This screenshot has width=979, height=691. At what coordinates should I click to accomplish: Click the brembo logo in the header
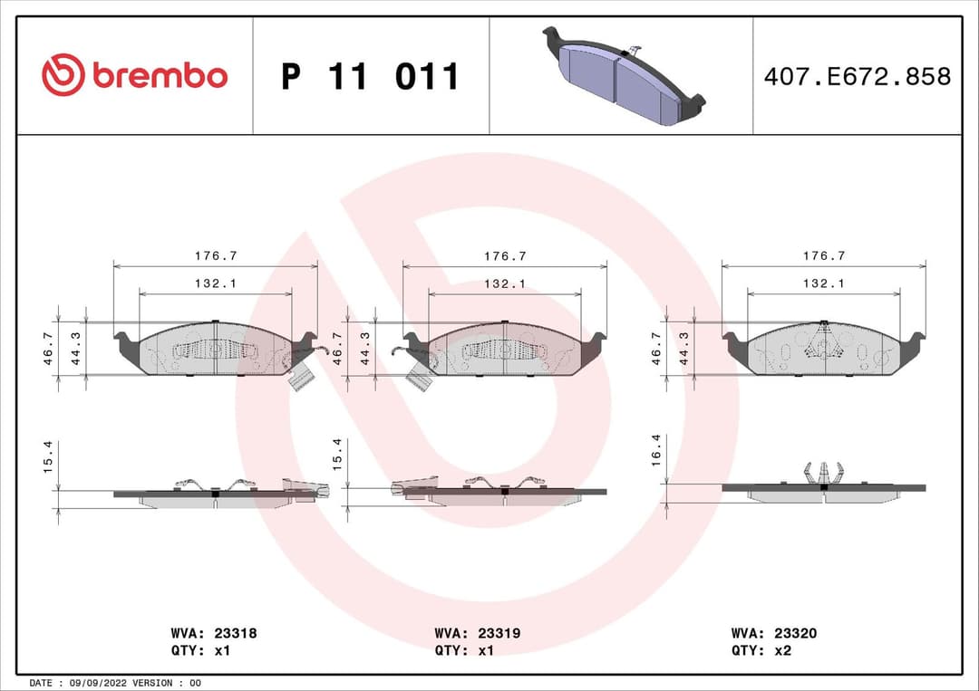[134, 76]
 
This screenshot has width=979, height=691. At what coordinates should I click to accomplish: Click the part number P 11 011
[370, 77]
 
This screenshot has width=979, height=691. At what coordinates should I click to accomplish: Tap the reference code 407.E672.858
[857, 77]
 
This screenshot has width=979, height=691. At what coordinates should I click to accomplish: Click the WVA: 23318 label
[213, 634]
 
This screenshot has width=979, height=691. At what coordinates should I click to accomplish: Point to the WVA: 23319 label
[477, 634]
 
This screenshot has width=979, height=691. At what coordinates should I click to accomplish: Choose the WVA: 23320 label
[773, 634]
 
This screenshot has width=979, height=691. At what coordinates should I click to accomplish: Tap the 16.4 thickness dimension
[657, 450]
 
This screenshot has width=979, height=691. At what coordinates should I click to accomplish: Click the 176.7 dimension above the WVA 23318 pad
[215, 257]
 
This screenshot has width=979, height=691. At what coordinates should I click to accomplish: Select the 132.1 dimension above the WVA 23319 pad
[505, 283]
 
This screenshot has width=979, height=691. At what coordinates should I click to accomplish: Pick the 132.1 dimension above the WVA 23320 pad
[823, 283]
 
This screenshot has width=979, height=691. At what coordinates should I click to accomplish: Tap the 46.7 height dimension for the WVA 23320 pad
[657, 348]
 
